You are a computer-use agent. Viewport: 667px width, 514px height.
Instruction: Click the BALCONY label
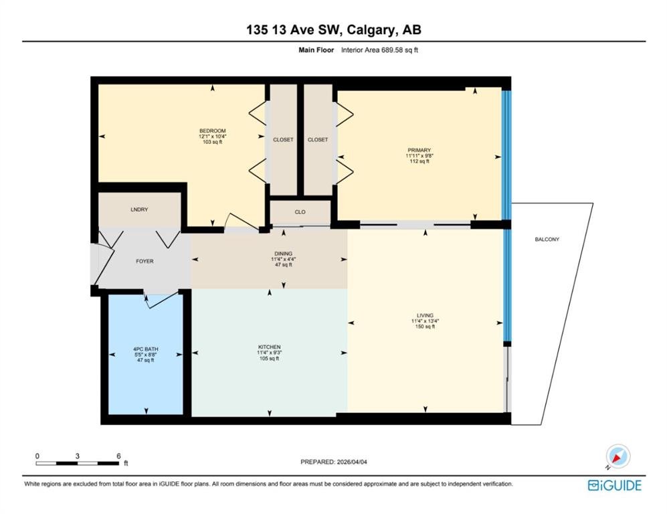pos(547,240)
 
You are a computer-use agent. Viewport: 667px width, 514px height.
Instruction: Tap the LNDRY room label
pos(139,209)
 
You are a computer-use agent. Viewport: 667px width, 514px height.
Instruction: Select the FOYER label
pos(145,261)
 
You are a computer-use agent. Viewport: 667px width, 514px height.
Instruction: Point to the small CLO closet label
pos(300,212)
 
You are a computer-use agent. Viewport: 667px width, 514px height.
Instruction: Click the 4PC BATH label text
pos(145,349)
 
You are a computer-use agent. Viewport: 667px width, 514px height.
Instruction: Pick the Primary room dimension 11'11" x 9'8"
pos(419,156)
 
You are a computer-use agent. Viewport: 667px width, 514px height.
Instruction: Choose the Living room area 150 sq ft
pos(425,327)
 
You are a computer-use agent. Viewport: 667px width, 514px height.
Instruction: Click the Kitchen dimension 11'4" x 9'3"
pos(269,353)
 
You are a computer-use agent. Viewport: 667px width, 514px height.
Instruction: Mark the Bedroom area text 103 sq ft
pos(212,142)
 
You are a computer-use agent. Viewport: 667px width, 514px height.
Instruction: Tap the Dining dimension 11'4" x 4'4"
pos(283,259)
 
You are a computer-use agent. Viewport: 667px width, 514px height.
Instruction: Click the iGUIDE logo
pos(615,485)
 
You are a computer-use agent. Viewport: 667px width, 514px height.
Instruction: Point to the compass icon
pos(617,457)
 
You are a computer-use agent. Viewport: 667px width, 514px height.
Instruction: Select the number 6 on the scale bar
pos(118,456)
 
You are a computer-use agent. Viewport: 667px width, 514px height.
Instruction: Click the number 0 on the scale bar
pos(37,456)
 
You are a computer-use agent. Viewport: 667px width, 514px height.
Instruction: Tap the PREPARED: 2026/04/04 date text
pos(333,462)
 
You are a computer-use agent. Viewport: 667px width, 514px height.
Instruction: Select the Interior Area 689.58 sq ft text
pos(379,50)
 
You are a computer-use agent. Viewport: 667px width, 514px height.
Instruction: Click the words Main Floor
pos(316,50)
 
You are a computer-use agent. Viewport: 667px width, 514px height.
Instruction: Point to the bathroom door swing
pos(162,299)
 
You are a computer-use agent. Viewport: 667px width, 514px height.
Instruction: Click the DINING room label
pos(283,254)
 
